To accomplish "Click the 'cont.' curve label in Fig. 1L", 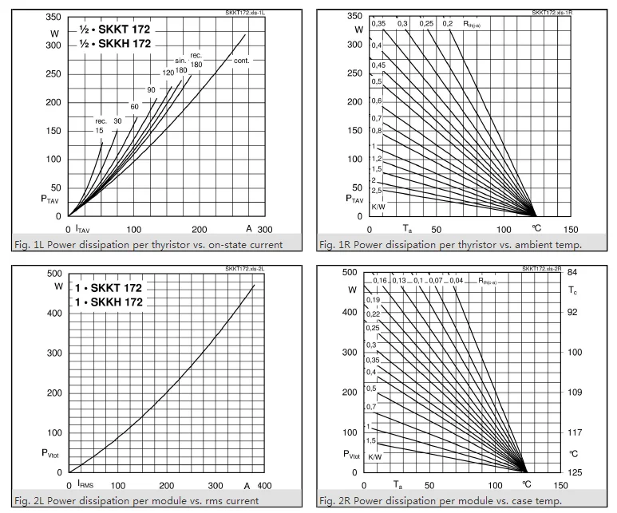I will (x=243, y=61).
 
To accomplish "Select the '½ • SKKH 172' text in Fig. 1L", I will (x=115, y=44).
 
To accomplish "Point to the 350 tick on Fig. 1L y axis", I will (x=53, y=17).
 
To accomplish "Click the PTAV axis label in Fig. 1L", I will (x=49, y=200).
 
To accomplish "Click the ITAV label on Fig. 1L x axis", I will (x=82, y=229).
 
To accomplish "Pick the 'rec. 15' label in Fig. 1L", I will (x=100, y=125).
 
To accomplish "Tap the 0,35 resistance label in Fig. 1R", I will (x=378, y=24).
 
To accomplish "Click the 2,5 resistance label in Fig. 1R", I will (x=377, y=190).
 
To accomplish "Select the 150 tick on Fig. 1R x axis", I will (x=559, y=229).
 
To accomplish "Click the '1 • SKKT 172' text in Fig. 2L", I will (x=109, y=287).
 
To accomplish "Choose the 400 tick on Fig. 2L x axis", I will (x=264, y=485).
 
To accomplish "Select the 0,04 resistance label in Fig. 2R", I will (x=456, y=281).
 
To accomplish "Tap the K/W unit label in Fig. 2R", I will (x=374, y=456).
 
